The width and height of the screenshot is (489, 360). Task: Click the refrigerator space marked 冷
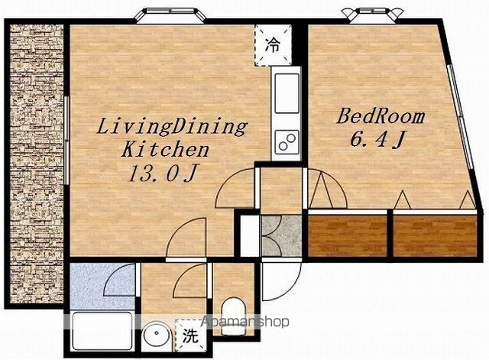click(273, 45)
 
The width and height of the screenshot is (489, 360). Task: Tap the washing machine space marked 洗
click(190, 336)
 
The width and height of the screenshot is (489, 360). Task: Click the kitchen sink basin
click(287, 93)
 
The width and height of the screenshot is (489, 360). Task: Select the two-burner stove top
click(287, 142)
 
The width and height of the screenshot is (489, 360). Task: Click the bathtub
click(102, 331)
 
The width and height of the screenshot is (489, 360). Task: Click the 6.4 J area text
click(377, 139)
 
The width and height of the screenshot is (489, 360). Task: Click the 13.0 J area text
click(163, 174)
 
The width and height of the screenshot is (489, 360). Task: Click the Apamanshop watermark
click(244, 322)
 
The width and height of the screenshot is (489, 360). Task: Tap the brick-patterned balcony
click(37, 164)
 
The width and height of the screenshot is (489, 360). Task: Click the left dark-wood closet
click(348, 235)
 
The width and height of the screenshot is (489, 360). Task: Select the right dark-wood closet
click(435, 235)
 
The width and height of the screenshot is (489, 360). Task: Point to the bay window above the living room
click(170, 15)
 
